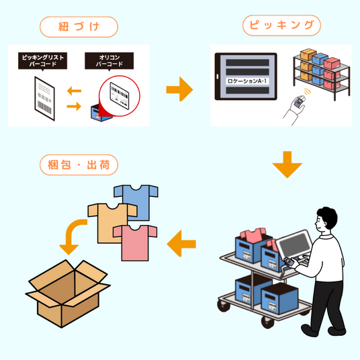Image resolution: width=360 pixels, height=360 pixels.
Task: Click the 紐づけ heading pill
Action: [79, 27]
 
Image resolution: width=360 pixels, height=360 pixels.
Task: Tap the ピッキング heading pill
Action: [281, 26]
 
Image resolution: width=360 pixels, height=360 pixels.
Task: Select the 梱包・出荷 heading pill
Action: [79, 165]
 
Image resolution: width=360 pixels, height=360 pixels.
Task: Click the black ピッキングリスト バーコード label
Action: [43, 61]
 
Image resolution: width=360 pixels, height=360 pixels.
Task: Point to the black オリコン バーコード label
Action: [109, 61]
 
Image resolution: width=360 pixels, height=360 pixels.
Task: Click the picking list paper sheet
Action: [45, 98]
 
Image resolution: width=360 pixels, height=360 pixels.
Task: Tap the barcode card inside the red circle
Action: [120, 95]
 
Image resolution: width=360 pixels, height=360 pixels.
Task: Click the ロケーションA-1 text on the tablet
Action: [247, 81]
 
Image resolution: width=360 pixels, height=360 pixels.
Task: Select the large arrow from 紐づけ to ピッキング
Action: [179, 89]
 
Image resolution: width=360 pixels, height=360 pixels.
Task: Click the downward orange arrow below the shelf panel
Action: [287, 165]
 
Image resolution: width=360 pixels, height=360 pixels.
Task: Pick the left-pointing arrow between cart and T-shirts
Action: [181, 243]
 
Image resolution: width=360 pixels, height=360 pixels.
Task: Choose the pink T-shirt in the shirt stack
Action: [135, 243]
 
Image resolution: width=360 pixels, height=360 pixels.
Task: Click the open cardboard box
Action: [68, 294]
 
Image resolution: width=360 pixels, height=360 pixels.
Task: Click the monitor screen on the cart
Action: [295, 244]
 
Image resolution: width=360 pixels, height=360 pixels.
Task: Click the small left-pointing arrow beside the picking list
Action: [74, 91]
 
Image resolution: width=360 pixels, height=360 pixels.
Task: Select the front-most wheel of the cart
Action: [268, 322]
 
